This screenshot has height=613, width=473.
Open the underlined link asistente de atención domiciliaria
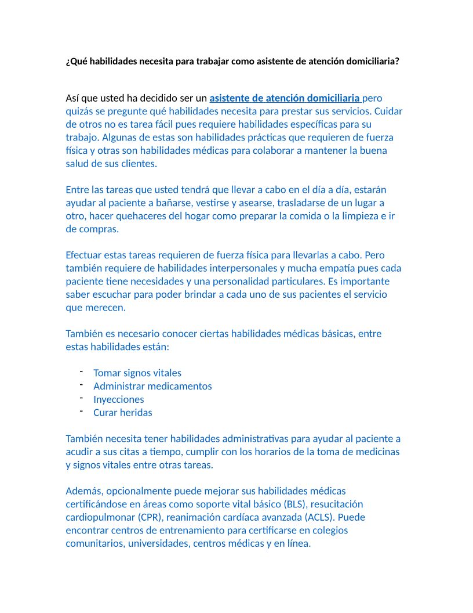285,98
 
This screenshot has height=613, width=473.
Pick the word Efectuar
85,255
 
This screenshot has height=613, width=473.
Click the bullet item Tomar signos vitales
137,373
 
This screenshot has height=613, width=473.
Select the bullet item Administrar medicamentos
152,386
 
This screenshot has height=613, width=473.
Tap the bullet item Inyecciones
119,399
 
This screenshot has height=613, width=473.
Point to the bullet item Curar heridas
123,413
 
